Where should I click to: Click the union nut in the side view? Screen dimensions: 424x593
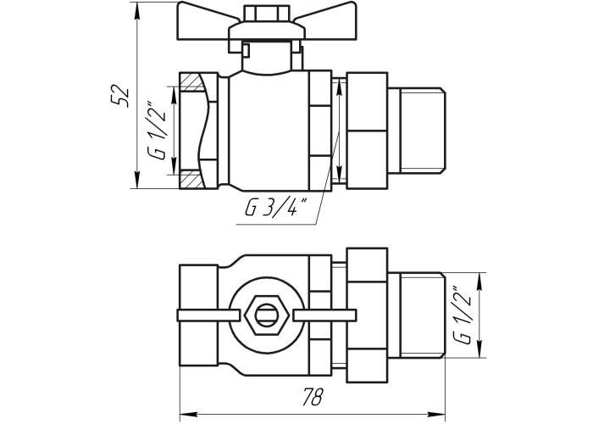coord(368,129)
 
